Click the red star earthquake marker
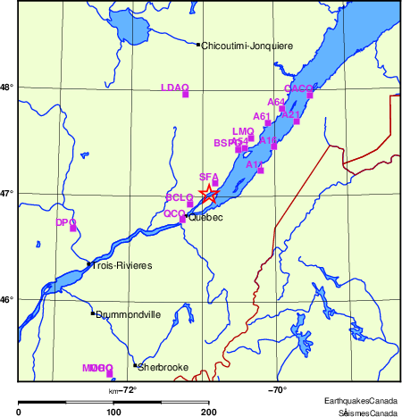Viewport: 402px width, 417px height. (x=208, y=192)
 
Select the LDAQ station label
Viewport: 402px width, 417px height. (x=174, y=88)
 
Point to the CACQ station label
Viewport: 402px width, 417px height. (x=298, y=88)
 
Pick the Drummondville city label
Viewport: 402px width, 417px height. (x=128, y=314)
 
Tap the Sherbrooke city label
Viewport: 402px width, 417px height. (x=163, y=367)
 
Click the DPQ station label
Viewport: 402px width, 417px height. (x=65, y=222)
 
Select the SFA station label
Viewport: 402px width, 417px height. (x=208, y=177)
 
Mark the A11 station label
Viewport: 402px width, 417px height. (x=255, y=164)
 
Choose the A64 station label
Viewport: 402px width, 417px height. (x=277, y=103)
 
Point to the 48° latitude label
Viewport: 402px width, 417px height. (x=7, y=87)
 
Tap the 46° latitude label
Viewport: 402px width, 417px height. (x=7, y=298)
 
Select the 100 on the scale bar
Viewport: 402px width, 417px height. (x=113, y=411)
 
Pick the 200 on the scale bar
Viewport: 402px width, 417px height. (x=209, y=411)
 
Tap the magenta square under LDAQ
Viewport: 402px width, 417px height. (x=185, y=94)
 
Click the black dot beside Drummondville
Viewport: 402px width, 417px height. (x=92, y=313)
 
